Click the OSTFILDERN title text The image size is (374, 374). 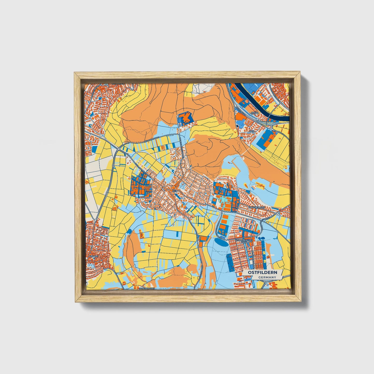coord(262,273)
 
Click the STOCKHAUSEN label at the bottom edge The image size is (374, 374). coord(147,288)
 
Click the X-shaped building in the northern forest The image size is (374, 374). coord(185,119)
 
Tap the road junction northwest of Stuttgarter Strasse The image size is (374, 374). coord(118,150)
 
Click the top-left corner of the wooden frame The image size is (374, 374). coord(75,74)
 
